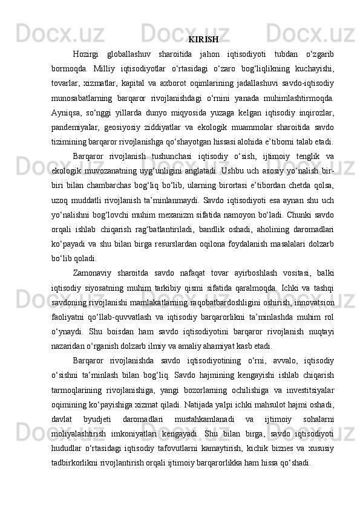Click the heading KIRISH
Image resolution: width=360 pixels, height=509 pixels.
(x=203, y=40)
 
